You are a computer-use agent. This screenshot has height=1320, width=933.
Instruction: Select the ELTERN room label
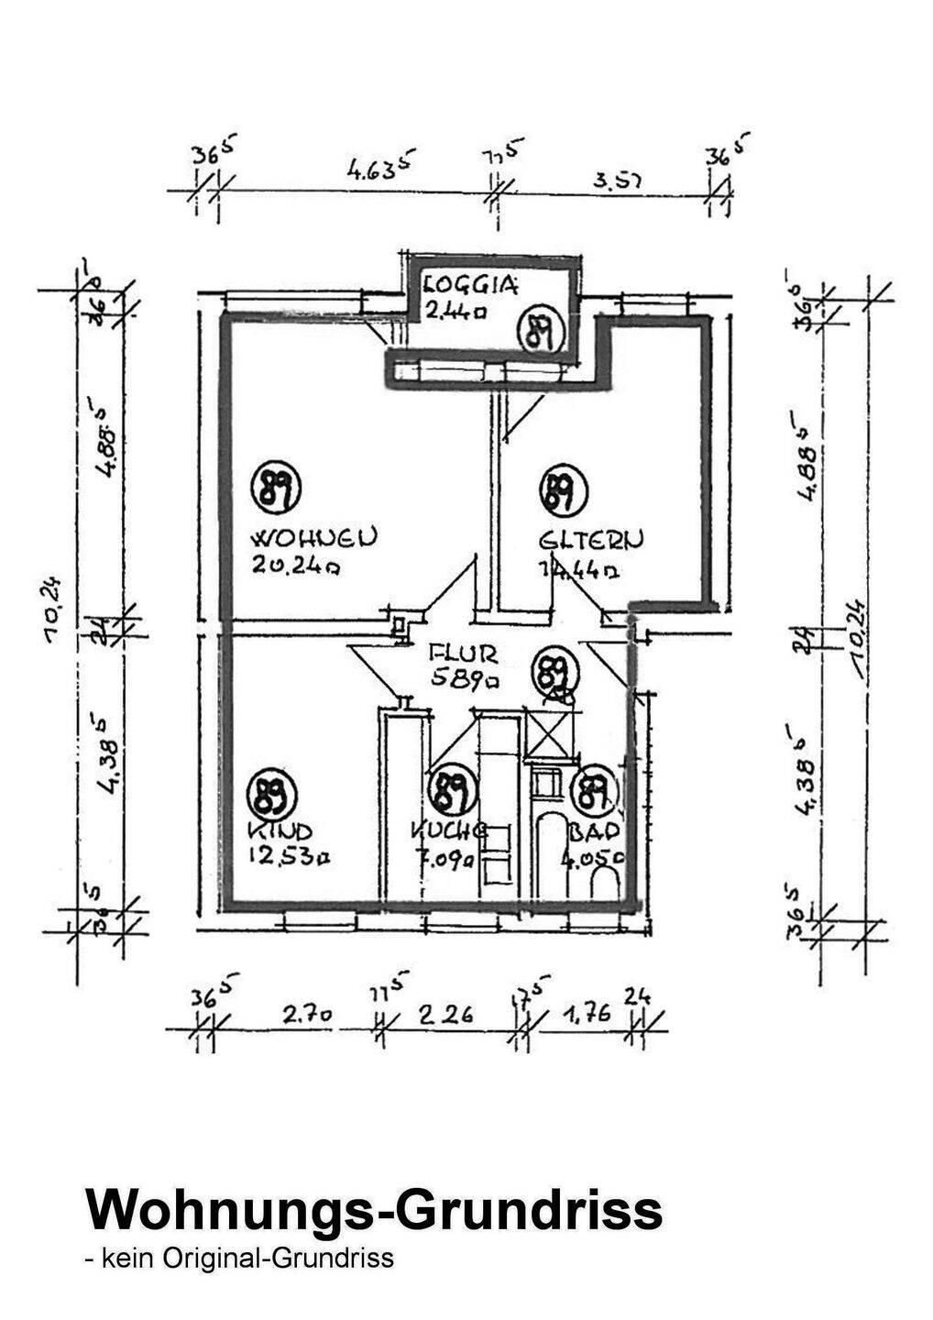(591, 539)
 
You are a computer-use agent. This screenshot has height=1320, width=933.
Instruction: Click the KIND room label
(280, 831)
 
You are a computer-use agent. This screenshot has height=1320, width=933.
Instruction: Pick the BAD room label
(595, 831)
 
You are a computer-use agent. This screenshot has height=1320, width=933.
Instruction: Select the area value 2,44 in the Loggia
(455, 310)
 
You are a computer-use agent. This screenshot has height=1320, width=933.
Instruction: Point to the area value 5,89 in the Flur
(466, 680)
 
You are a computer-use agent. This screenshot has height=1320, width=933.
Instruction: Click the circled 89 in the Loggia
(540, 331)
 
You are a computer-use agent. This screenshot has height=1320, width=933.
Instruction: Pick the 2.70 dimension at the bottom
(307, 1015)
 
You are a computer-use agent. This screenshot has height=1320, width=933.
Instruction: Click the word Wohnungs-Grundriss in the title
(373, 1209)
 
